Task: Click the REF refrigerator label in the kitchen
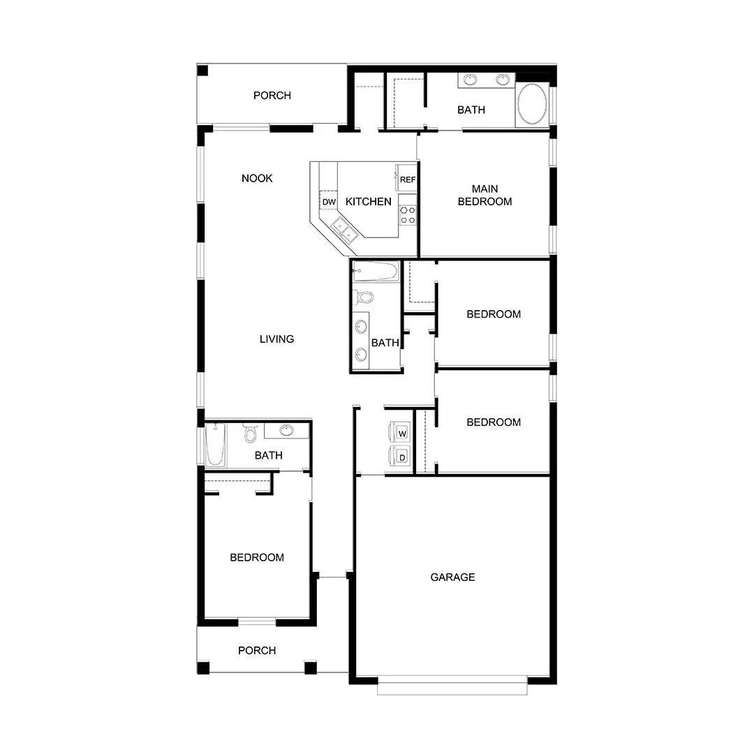point(408,180)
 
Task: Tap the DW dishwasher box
point(329,202)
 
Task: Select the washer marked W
point(401,434)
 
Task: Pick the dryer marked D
point(401,457)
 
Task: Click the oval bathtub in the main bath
point(533,105)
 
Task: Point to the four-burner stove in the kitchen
point(408,215)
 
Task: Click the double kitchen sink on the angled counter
point(341,228)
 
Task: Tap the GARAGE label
point(452,577)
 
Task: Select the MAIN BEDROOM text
point(485,195)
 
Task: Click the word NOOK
point(257,179)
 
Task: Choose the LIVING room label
point(276,339)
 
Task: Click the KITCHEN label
point(369,202)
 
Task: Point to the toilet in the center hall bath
point(364,297)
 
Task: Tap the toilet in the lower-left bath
point(251,435)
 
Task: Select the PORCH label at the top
point(272,96)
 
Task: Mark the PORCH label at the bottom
point(257,651)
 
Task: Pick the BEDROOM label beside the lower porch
point(257,558)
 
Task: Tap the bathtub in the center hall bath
point(375,272)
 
